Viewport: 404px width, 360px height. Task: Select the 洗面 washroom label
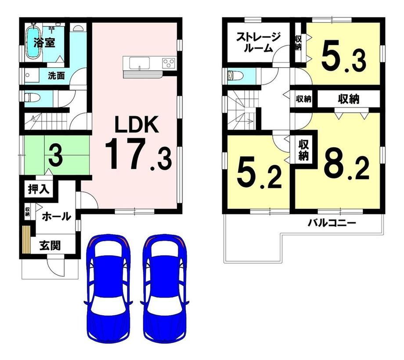[x=56, y=76]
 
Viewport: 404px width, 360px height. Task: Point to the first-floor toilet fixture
[x=31, y=97]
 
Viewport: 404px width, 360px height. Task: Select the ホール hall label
[x=56, y=216]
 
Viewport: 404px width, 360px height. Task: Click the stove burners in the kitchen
[x=168, y=63]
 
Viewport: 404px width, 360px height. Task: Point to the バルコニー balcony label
[x=331, y=223]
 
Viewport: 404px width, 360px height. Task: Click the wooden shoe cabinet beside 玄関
[x=26, y=239]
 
